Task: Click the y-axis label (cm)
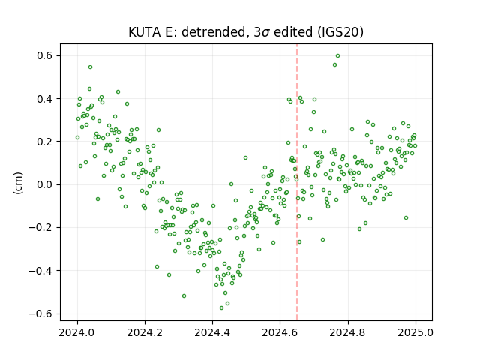(18, 183)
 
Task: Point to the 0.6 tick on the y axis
(44, 55)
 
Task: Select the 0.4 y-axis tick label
(44, 99)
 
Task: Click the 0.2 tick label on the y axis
(44, 142)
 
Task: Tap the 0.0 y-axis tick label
(44, 185)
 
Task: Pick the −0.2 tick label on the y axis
(40, 228)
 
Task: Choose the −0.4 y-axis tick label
(40, 271)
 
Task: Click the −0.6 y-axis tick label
(40, 313)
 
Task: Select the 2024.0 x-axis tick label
(77, 332)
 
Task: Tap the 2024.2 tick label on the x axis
(145, 332)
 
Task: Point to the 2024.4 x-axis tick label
(212, 332)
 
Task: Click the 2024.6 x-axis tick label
(280, 332)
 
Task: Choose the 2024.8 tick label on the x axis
(348, 332)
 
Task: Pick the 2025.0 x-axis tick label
(415, 332)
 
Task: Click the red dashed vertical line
(297, 182)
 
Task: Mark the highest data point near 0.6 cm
(338, 55)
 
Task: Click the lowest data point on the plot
(222, 307)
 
